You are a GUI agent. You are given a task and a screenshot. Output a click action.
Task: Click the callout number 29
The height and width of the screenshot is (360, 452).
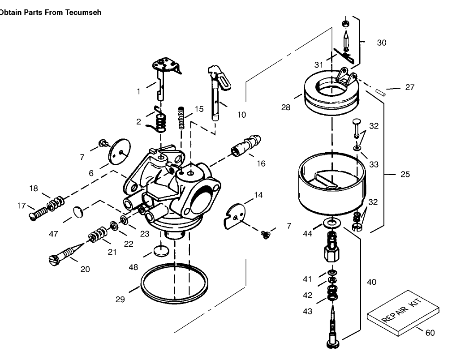(x=120, y=300)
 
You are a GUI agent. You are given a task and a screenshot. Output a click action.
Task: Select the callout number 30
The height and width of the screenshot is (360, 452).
(x=381, y=43)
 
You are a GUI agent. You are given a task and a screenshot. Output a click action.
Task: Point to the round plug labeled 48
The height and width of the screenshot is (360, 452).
(x=159, y=251)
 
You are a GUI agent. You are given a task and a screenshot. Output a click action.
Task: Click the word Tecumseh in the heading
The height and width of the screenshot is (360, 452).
(x=85, y=12)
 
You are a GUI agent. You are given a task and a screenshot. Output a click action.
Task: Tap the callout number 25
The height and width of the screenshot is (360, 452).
(x=405, y=174)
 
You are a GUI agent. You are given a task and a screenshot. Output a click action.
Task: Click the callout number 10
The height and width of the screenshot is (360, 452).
(x=241, y=115)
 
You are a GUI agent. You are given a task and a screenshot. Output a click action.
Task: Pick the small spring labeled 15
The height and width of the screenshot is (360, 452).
(x=182, y=117)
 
